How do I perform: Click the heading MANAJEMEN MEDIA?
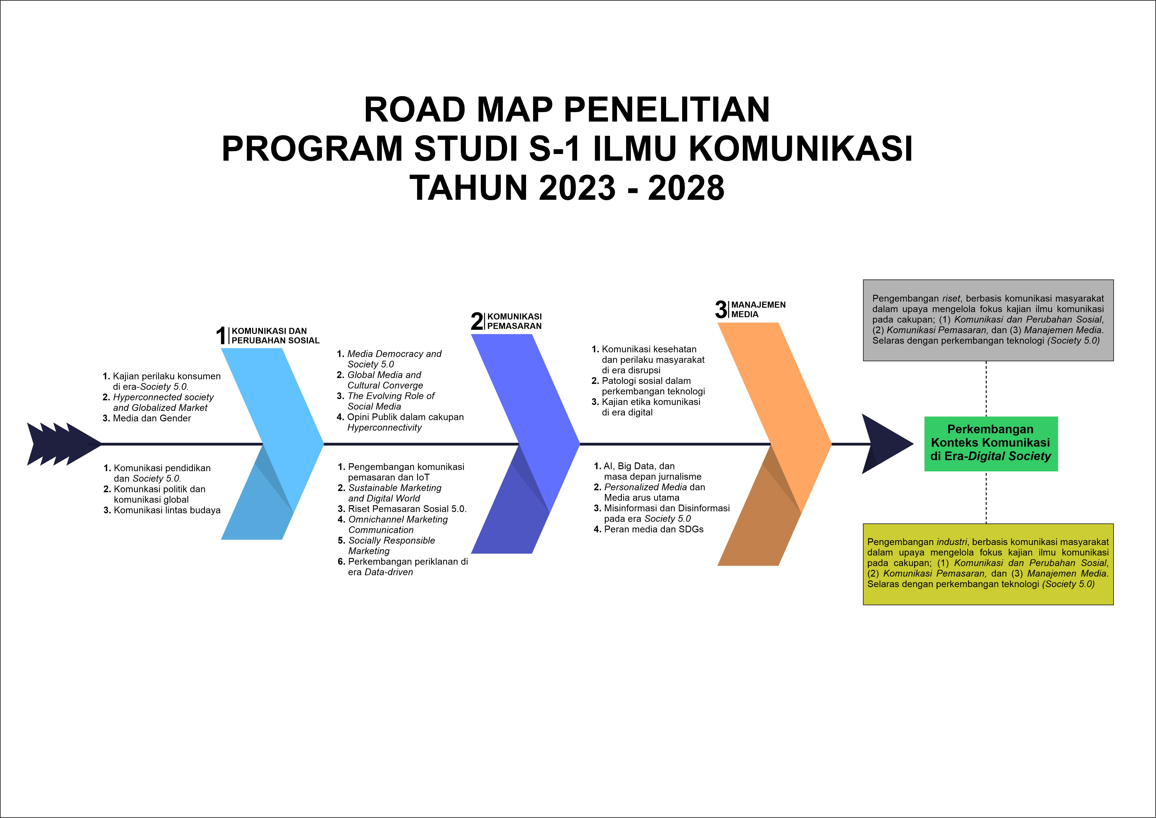pos(758,309)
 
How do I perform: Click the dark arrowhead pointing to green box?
pos(884,444)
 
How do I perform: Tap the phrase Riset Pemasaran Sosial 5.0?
pos(407,509)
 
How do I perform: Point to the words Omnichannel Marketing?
pos(398,519)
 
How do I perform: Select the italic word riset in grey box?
pos(951,298)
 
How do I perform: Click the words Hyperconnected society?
pos(163,397)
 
